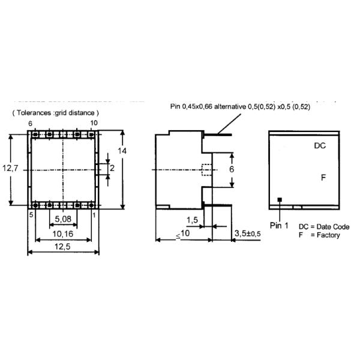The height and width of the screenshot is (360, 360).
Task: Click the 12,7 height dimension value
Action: [x=10, y=168]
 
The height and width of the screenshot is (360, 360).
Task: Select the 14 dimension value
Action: [x=122, y=151]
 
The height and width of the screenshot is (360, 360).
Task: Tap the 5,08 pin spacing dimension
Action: [x=63, y=219]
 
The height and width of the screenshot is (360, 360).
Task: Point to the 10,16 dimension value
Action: [x=63, y=234]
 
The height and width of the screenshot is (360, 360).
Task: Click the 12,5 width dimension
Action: [x=62, y=247]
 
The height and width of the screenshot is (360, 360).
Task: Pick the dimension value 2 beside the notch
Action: [x=112, y=168]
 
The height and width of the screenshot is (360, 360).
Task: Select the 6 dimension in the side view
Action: [x=232, y=169]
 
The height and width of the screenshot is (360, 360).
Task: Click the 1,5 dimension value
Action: [x=193, y=220]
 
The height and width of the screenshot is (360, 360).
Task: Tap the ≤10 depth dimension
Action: [x=183, y=234]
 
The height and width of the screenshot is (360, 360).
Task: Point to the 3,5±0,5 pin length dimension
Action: [x=248, y=234]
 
